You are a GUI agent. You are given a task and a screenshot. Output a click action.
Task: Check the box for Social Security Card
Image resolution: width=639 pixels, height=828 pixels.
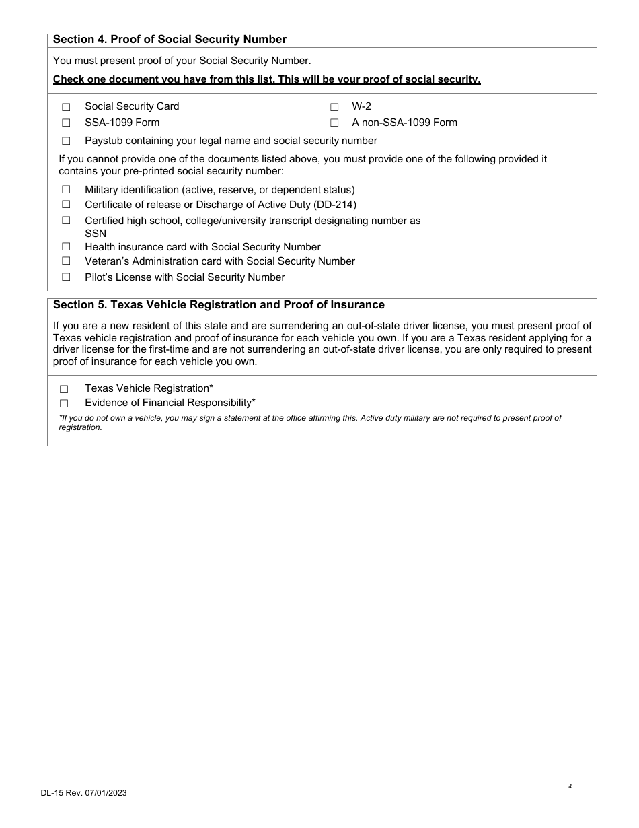66,107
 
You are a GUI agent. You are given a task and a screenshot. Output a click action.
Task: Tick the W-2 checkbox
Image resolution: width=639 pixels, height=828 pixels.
334,107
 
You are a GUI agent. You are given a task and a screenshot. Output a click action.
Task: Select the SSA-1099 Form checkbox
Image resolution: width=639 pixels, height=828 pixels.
66,123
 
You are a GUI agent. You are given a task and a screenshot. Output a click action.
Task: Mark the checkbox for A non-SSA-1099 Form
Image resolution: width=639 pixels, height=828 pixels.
334,123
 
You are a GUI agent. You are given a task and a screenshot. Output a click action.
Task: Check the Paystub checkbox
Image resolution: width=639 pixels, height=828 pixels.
66,141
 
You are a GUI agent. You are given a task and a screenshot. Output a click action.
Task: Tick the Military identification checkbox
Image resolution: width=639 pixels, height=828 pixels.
66,190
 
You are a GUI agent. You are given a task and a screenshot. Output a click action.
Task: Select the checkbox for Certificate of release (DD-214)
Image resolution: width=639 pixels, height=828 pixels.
66,204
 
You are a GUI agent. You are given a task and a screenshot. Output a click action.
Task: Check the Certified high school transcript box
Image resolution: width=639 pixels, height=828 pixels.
66,220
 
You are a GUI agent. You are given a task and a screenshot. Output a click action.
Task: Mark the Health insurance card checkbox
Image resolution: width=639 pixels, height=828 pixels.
66,247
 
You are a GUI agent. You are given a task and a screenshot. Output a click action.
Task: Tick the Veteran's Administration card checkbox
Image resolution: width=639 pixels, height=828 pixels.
66,261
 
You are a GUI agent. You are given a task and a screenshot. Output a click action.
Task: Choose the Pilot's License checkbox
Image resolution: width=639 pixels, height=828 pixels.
66,277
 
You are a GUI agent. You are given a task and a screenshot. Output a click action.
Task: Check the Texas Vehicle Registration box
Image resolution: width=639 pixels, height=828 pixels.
64,389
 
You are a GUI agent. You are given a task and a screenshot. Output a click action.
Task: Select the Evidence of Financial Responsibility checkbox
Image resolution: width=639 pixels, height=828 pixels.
64,403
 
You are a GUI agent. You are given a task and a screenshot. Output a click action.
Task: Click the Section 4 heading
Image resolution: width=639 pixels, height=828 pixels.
170,40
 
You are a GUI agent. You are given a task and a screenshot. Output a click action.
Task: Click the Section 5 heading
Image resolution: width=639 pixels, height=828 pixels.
219,305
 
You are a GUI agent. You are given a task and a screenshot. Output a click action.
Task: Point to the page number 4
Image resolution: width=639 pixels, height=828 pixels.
570,786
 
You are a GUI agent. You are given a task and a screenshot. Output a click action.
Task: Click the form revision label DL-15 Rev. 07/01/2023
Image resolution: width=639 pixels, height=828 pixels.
83,793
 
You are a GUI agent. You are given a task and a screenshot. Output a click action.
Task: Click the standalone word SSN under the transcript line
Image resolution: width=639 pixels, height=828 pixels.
96,234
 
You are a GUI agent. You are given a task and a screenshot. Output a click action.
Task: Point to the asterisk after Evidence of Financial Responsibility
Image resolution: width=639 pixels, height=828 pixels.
254,402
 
